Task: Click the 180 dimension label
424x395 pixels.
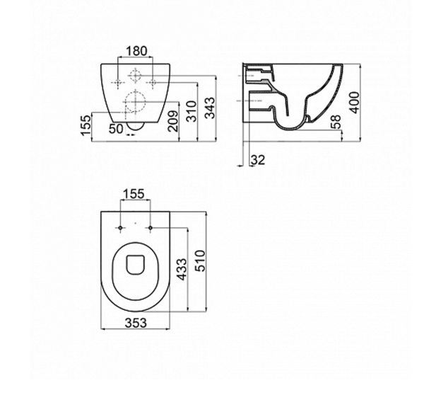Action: (x=137, y=51)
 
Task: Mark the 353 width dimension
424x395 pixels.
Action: (x=136, y=341)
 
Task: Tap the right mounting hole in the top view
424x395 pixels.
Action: (x=151, y=228)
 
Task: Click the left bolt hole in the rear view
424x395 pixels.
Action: (x=117, y=83)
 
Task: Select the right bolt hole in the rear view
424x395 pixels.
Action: (x=152, y=83)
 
